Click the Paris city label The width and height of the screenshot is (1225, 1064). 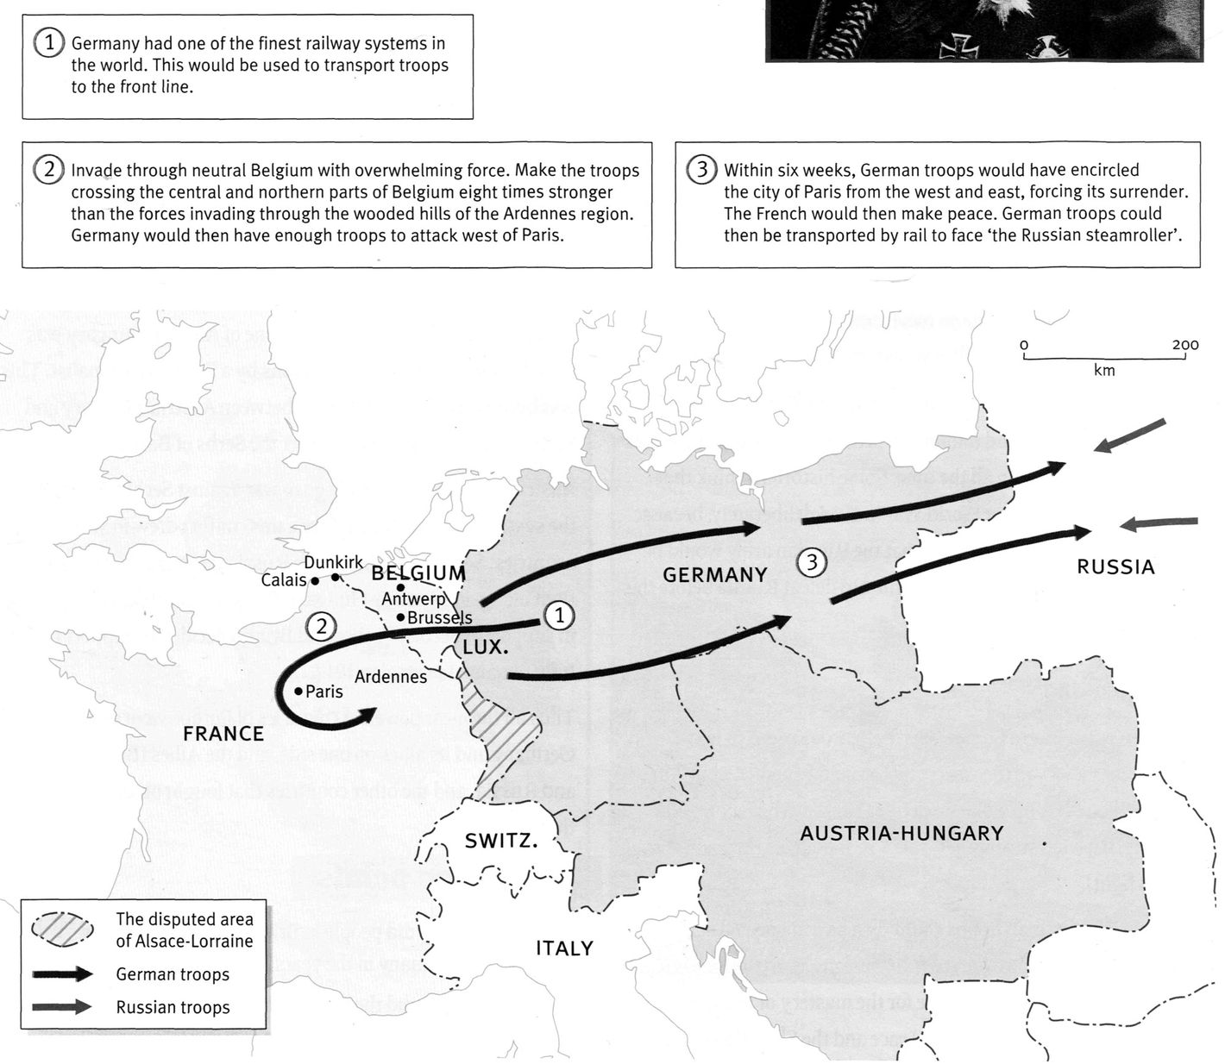coord(324,692)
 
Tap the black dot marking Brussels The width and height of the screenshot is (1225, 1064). coord(401,617)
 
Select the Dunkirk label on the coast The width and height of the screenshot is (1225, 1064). coord(334,563)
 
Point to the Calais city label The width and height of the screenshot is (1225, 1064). coord(284,580)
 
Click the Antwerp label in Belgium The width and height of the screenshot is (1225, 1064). coord(413,598)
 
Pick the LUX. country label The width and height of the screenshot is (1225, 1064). coord(486,647)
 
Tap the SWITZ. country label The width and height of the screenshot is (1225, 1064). coord(501,841)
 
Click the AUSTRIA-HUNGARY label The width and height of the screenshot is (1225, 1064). coord(901,834)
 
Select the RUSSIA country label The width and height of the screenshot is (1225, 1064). coord(1115,567)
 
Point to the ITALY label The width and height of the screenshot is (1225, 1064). coord(564,948)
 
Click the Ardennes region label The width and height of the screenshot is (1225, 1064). coord(391,677)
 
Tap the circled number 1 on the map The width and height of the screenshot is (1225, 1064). coord(559,616)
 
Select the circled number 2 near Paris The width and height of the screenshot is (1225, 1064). coord(322,626)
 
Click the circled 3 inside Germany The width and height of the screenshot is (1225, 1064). coord(811,563)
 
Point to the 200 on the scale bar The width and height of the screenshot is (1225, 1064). coord(1185,345)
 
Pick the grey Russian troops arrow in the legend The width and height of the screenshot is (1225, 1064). coord(62,1006)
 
